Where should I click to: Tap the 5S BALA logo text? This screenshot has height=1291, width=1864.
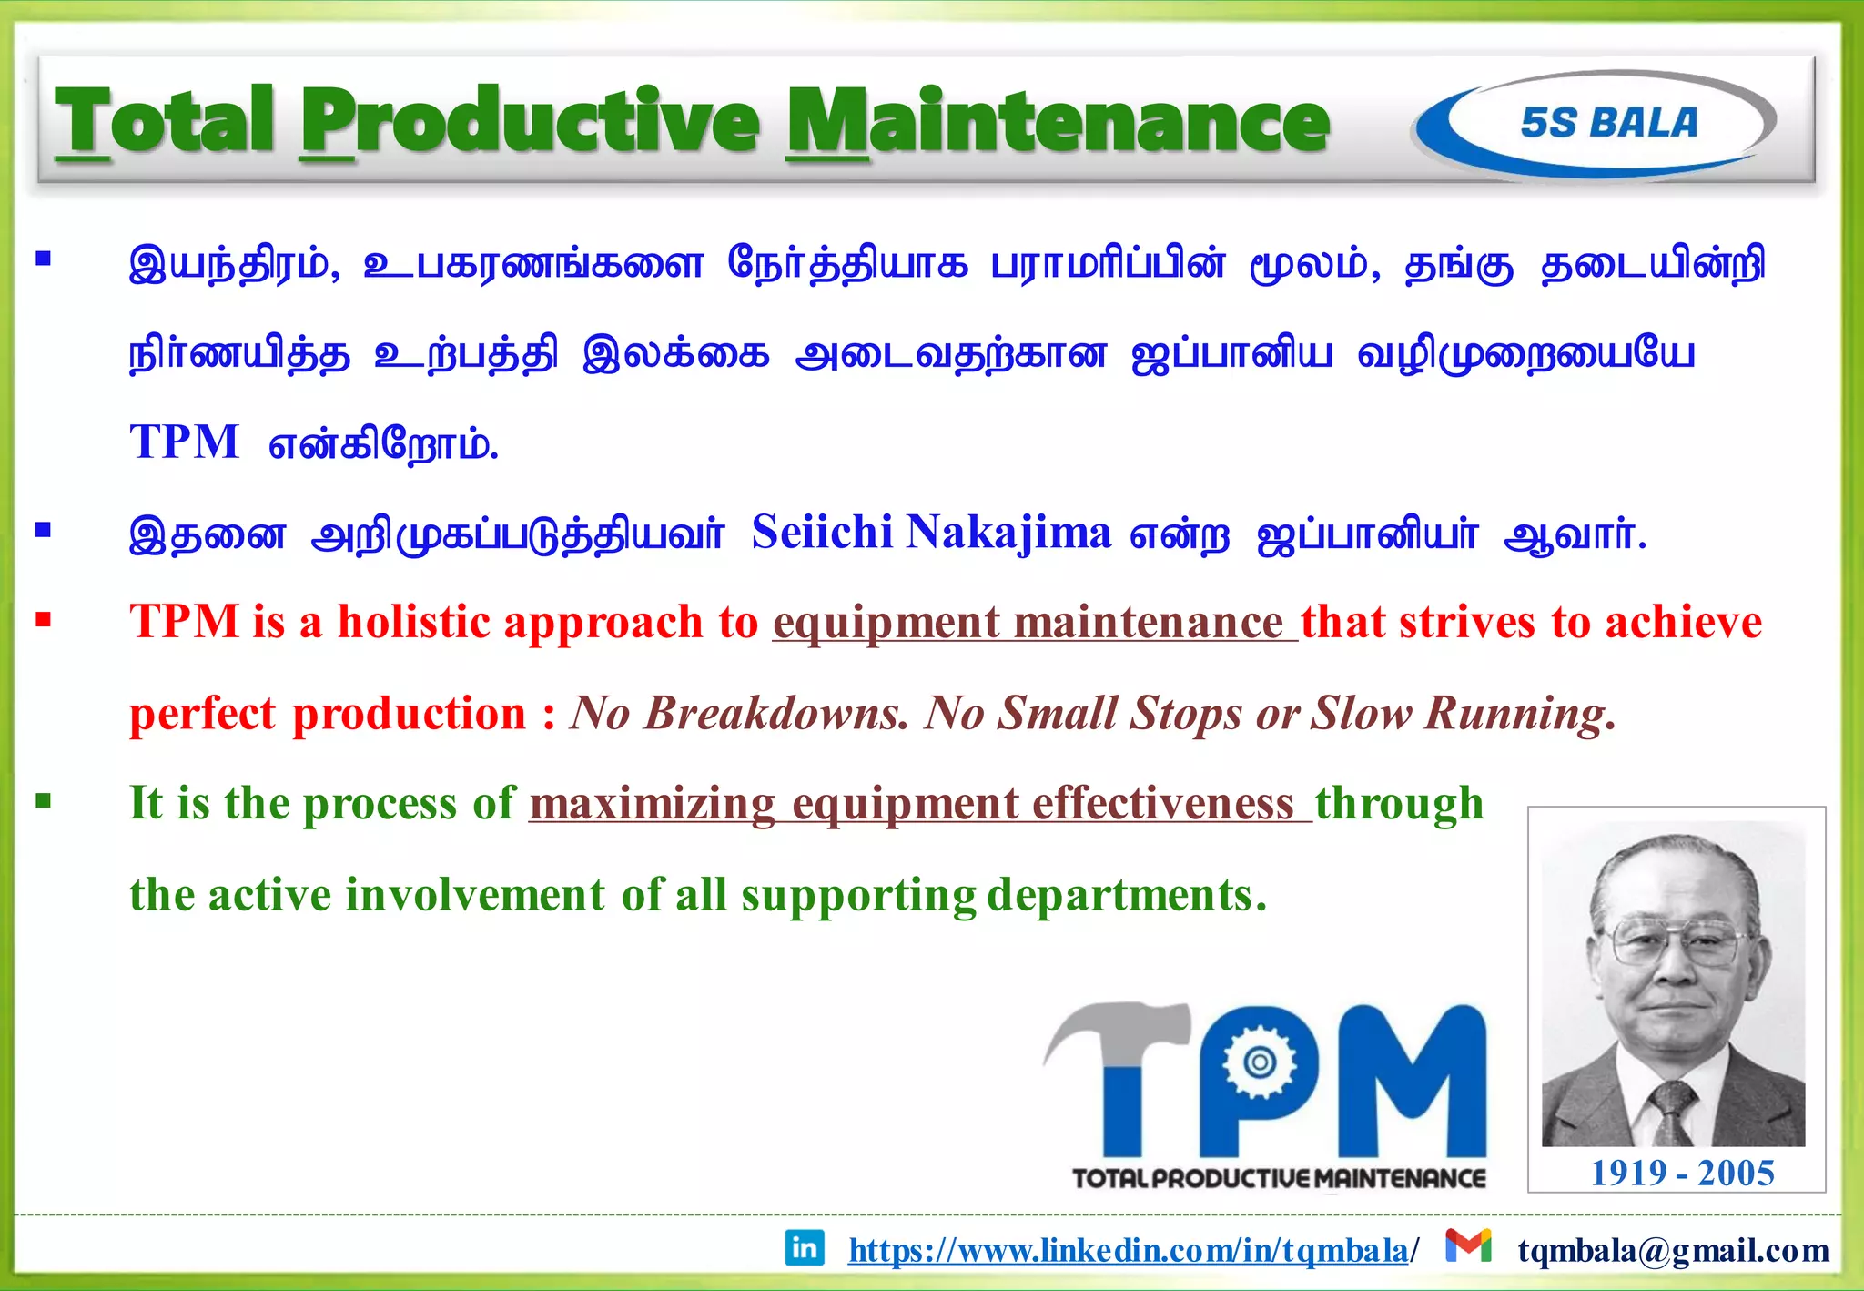(1609, 123)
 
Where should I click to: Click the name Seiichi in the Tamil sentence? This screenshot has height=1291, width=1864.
(822, 533)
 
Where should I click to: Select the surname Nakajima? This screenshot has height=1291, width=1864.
(1008, 533)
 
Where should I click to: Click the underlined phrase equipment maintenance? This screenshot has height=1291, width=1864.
(1034, 624)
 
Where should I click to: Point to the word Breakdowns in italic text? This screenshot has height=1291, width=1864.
(776, 714)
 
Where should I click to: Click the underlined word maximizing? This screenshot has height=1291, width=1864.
(652, 804)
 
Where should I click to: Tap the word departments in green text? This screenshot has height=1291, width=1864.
(1126, 895)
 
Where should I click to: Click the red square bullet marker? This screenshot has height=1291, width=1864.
(43, 621)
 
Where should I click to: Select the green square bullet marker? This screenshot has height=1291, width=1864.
(43, 802)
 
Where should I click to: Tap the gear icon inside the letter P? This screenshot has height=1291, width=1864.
(1260, 1062)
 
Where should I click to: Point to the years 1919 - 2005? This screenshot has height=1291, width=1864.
(1682, 1174)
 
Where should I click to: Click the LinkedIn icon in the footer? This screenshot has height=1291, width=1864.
(805, 1247)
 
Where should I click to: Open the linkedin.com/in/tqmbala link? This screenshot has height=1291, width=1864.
(1129, 1251)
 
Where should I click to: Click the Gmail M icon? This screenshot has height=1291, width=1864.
(1468, 1245)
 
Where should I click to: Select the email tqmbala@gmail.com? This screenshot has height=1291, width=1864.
(1673, 1251)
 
